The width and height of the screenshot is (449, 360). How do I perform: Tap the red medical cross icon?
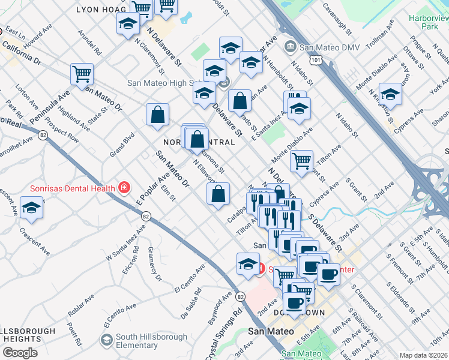[124, 188]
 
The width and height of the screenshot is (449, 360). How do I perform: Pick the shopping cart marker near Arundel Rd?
[82, 74]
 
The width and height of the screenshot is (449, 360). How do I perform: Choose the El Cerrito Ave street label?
[189, 279]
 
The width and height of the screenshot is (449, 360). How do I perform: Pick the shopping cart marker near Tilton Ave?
[301, 160]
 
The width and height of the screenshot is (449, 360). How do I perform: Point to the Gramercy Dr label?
[153, 266]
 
